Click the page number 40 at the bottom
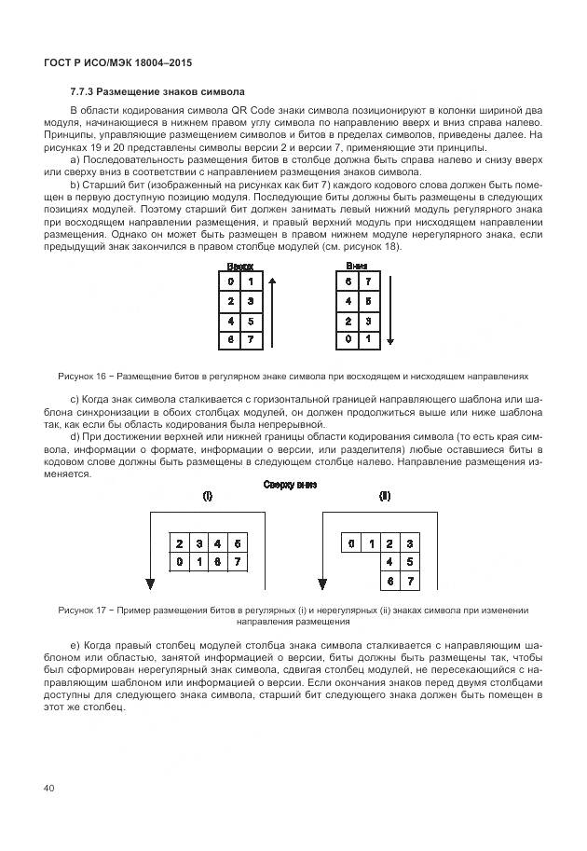(x=49, y=789)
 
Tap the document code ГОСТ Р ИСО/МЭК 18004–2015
(x=124, y=62)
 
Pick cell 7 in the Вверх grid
(x=249, y=341)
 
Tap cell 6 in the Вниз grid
(x=349, y=282)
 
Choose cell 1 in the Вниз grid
(x=368, y=341)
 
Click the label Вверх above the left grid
(x=239, y=266)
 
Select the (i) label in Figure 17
(x=208, y=497)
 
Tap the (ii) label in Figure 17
(x=383, y=497)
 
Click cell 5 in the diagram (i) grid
(x=239, y=542)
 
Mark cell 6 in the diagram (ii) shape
(x=389, y=581)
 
